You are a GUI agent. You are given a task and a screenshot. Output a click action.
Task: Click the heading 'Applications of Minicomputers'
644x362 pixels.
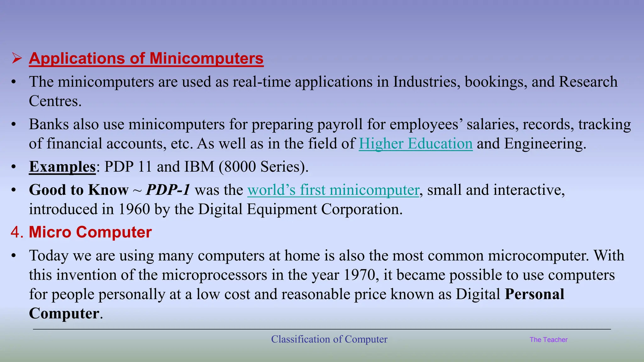pos(146,58)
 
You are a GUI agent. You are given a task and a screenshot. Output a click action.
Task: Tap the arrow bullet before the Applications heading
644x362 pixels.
pos(17,58)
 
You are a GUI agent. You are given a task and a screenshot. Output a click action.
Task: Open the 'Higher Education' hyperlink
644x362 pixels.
pos(416,144)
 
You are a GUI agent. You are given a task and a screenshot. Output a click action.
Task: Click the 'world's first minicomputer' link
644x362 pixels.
pos(333,190)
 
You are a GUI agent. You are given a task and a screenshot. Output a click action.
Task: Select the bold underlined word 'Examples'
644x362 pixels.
pos(62,167)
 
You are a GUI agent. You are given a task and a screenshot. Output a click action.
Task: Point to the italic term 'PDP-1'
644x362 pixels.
pos(168,190)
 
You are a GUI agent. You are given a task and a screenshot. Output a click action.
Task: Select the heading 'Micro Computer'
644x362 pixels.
pos(90,232)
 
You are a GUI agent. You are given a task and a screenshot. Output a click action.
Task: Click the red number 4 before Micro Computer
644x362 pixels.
pos(15,232)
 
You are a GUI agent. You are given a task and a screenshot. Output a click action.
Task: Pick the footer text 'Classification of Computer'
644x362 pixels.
pos(329,339)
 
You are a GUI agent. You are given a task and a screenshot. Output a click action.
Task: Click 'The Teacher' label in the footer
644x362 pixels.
pos(548,340)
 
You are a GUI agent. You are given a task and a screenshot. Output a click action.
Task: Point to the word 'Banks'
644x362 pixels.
pos(49,124)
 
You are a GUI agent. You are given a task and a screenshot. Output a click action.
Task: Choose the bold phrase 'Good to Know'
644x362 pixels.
pos(79,190)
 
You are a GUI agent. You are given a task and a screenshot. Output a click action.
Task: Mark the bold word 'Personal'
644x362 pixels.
pos(534,294)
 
